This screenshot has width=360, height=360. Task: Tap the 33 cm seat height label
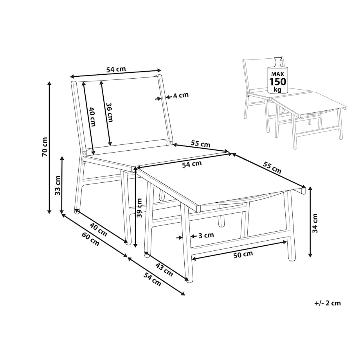(x=58, y=185)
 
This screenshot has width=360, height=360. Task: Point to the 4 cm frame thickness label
(x=181, y=95)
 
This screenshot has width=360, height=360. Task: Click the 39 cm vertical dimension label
(x=139, y=208)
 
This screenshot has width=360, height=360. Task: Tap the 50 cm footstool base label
(x=243, y=254)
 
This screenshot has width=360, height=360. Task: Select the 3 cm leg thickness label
(x=206, y=235)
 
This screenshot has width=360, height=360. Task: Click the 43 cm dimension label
(x=164, y=270)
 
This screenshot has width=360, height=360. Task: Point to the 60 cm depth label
(x=91, y=239)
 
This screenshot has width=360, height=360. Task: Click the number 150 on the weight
(x=278, y=81)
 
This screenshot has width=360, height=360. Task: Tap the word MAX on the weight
(x=277, y=74)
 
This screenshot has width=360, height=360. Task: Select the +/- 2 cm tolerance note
(x=328, y=303)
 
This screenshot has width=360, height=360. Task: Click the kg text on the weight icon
(x=277, y=89)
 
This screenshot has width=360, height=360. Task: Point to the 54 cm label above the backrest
(x=116, y=69)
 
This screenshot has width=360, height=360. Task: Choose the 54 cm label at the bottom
(x=152, y=279)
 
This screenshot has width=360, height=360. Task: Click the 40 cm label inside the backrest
(x=92, y=117)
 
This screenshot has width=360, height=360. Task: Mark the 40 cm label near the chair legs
(x=98, y=230)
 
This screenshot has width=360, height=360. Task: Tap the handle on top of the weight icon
(x=278, y=61)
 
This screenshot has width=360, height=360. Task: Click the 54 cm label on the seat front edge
(x=192, y=164)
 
